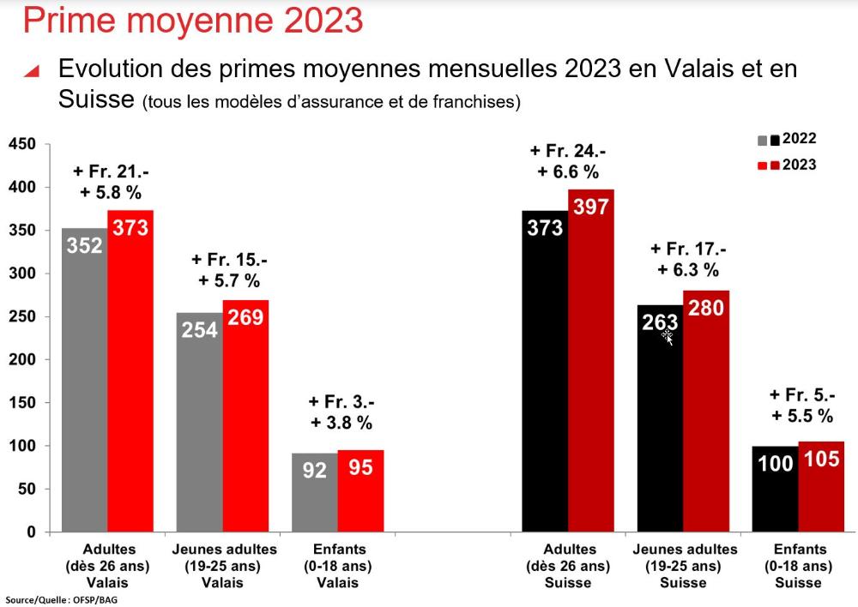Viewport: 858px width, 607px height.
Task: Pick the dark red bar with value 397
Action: click(x=591, y=361)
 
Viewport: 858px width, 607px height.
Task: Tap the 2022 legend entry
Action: click(x=787, y=139)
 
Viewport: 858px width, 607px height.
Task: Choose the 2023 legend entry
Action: click(x=787, y=165)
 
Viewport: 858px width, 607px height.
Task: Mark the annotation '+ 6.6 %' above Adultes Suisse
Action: click(x=568, y=171)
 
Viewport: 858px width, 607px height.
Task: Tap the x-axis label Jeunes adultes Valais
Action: click(x=225, y=566)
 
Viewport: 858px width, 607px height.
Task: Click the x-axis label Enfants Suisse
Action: click(x=799, y=566)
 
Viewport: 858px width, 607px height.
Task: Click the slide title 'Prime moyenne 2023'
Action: click(x=193, y=20)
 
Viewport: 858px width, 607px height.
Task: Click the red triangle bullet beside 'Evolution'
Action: click(x=32, y=72)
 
